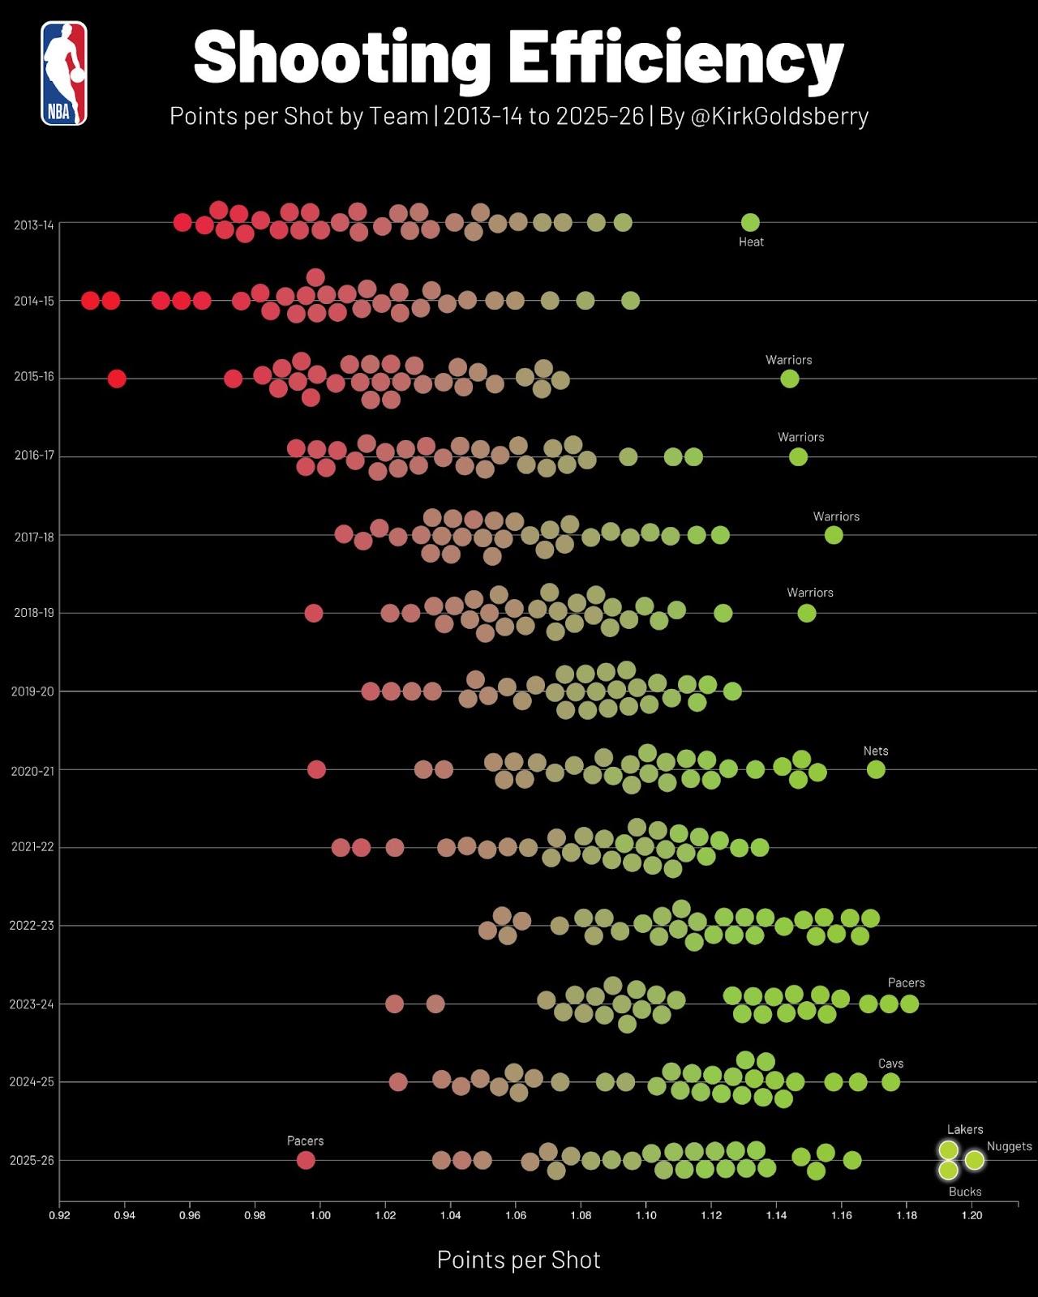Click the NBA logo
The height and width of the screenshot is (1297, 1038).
[x=64, y=73]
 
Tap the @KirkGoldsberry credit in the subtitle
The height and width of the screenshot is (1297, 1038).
[x=778, y=117]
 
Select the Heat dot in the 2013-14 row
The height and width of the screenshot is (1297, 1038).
[x=751, y=222]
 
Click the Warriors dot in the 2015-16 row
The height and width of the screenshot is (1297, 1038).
[x=789, y=379]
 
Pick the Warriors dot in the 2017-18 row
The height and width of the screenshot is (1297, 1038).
[x=834, y=535]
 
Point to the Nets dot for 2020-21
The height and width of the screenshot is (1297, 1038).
[x=876, y=769]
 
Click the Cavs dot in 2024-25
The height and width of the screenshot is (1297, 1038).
[x=890, y=1081]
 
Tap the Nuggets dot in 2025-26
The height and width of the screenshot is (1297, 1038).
[x=975, y=1160]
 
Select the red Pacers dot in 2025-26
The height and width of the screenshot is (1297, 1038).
[x=306, y=1160]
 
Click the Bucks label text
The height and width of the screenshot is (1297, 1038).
[x=965, y=1192]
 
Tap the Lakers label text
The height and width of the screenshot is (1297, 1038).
[x=965, y=1129]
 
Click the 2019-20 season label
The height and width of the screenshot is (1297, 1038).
[x=32, y=692]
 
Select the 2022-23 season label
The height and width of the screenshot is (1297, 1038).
[x=32, y=926]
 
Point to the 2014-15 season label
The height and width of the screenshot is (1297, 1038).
[x=33, y=302]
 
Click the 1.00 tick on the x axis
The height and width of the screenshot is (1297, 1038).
[x=320, y=1215]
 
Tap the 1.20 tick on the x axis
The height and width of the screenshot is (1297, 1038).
[x=972, y=1215]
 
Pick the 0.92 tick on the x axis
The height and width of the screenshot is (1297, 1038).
[x=59, y=1215]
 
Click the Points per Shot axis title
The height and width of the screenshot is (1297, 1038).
[x=519, y=1260]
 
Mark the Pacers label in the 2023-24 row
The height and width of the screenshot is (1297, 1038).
[x=906, y=982]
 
